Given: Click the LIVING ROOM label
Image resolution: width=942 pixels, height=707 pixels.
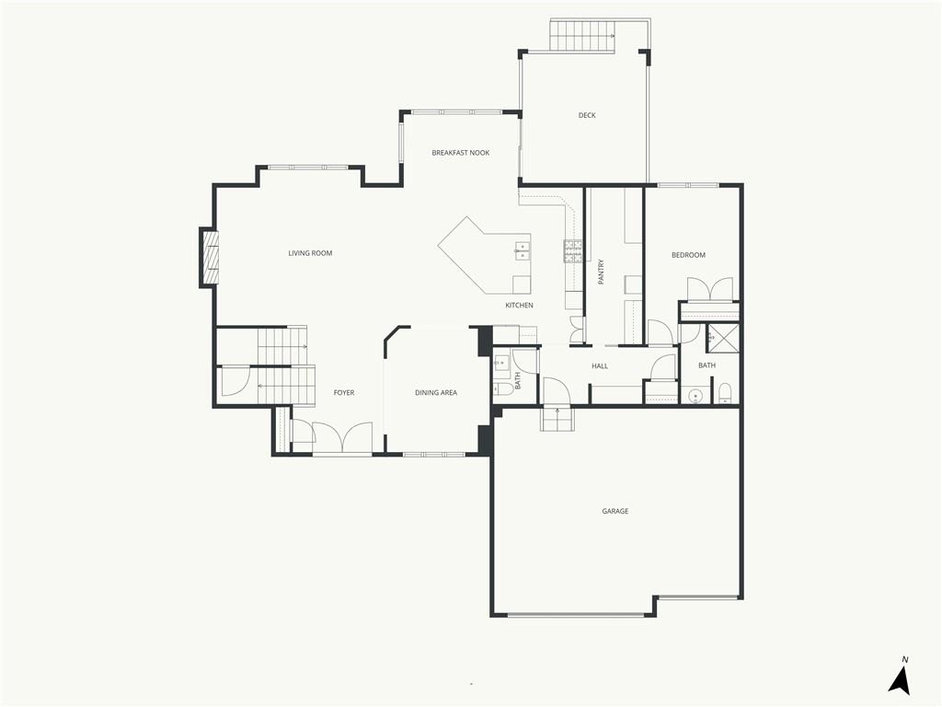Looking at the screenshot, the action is pyautogui.click(x=310, y=253).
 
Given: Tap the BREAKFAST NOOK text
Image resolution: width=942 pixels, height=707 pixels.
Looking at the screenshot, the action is pyautogui.click(x=461, y=153).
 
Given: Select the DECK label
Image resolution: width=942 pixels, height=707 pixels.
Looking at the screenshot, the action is pyautogui.click(x=587, y=115).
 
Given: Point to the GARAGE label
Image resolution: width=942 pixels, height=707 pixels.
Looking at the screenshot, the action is pyautogui.click(x=615, y=511).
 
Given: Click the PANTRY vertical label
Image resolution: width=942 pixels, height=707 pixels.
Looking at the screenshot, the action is pyautogui.click(x=602, y=272).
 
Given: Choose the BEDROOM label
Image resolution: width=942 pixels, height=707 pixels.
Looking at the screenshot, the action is pyautogui.click(x=688, y=255).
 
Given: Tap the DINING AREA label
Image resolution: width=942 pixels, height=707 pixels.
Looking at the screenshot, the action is pyautogui.click(x=436, y=392).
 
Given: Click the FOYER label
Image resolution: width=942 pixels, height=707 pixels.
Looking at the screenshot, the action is pyautogui.click(x=344, y=392).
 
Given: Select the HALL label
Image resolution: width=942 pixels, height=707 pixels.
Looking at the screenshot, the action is pyautogui.click(x=600, y=365).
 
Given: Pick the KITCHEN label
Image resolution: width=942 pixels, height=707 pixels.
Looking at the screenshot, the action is pyautogui.click(x=519, y=306).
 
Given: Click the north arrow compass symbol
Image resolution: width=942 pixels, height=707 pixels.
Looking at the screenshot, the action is pyautogui.click(x=900, y=678).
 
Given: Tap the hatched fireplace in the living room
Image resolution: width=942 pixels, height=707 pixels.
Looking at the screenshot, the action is pyautogui.click(x=210, y=258).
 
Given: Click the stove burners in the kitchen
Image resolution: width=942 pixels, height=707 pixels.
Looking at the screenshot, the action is pyautogui.click(x=572, y=252).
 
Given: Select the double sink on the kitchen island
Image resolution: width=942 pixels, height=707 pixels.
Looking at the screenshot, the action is pyautogui.click(x=523, y=250).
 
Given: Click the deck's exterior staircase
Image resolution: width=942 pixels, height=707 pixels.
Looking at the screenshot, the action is pyautogui.click(x=582, y=36).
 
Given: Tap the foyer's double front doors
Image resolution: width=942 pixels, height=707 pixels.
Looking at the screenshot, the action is pyautogui.click(x=342, y=436).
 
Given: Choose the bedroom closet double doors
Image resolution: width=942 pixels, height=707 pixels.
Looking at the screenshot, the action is pyautogui.click(x=710, y=288).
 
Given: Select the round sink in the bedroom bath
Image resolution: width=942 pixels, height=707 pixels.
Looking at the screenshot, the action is pyautogui.click(x=695, y=396).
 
